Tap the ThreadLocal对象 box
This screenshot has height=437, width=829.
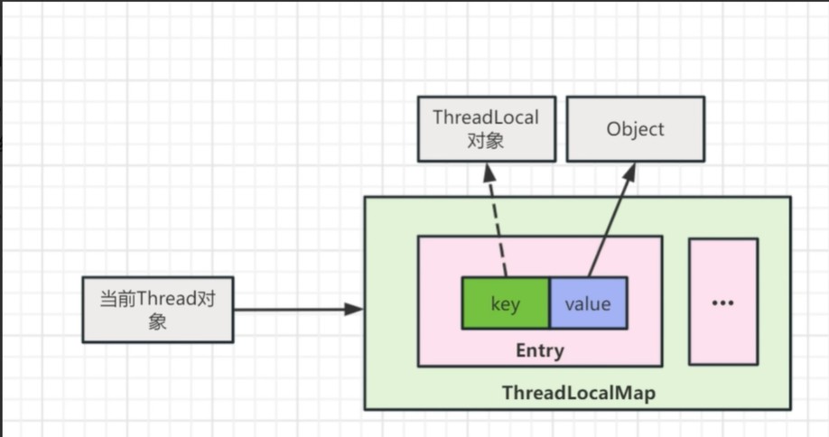486,129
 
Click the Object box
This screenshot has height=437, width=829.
635,129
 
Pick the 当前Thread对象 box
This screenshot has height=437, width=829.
158,310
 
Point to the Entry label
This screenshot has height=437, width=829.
539,350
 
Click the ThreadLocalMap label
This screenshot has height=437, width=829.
578,394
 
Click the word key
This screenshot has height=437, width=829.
505,303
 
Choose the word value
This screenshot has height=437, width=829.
588,303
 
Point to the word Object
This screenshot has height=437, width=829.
635,129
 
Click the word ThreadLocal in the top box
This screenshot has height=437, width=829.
486,117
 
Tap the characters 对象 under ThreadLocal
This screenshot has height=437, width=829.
486,142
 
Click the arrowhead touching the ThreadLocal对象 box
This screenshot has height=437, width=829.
485,170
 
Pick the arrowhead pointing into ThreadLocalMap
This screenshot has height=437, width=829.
355,310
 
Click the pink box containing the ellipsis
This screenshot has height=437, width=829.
722,271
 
